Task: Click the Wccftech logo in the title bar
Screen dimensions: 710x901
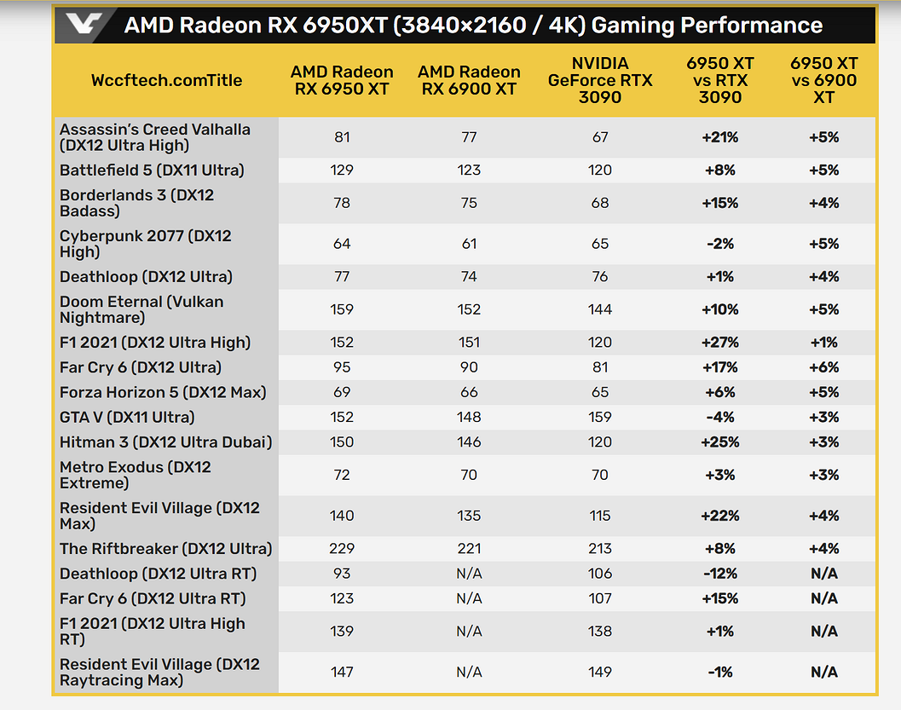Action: (80, 26)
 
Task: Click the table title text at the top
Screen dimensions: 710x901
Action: (473, 26)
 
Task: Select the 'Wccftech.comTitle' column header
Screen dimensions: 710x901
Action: (166, 80)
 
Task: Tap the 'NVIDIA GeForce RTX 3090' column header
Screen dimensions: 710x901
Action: (600, 80)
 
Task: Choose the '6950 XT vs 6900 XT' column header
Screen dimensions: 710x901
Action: (823, 80)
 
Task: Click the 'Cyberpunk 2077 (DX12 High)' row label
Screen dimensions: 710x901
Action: (145, 244)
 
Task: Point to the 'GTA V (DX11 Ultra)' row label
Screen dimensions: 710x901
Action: (127, 417)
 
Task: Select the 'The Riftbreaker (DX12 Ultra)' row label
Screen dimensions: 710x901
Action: (165, 548)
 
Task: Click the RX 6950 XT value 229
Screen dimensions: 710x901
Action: (342, 548)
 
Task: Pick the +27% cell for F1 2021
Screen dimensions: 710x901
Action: (719, 343)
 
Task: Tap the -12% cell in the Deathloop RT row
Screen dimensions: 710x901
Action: (719, 574)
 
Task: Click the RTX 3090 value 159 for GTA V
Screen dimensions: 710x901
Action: (600, 417)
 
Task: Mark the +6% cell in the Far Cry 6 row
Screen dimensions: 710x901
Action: (823, 367)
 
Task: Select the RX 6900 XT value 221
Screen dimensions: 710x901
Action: (469, 548)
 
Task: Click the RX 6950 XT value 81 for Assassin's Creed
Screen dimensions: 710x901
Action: (342, 137)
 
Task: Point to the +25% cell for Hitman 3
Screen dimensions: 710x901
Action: (719, 442)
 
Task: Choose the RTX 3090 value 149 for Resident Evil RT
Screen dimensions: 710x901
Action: (600, 672)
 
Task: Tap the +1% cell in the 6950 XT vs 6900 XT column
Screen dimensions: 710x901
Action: (823, 343)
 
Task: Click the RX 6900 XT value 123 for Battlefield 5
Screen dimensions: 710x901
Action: (469, 170)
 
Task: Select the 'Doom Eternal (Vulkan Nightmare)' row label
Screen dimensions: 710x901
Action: (142, 309)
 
